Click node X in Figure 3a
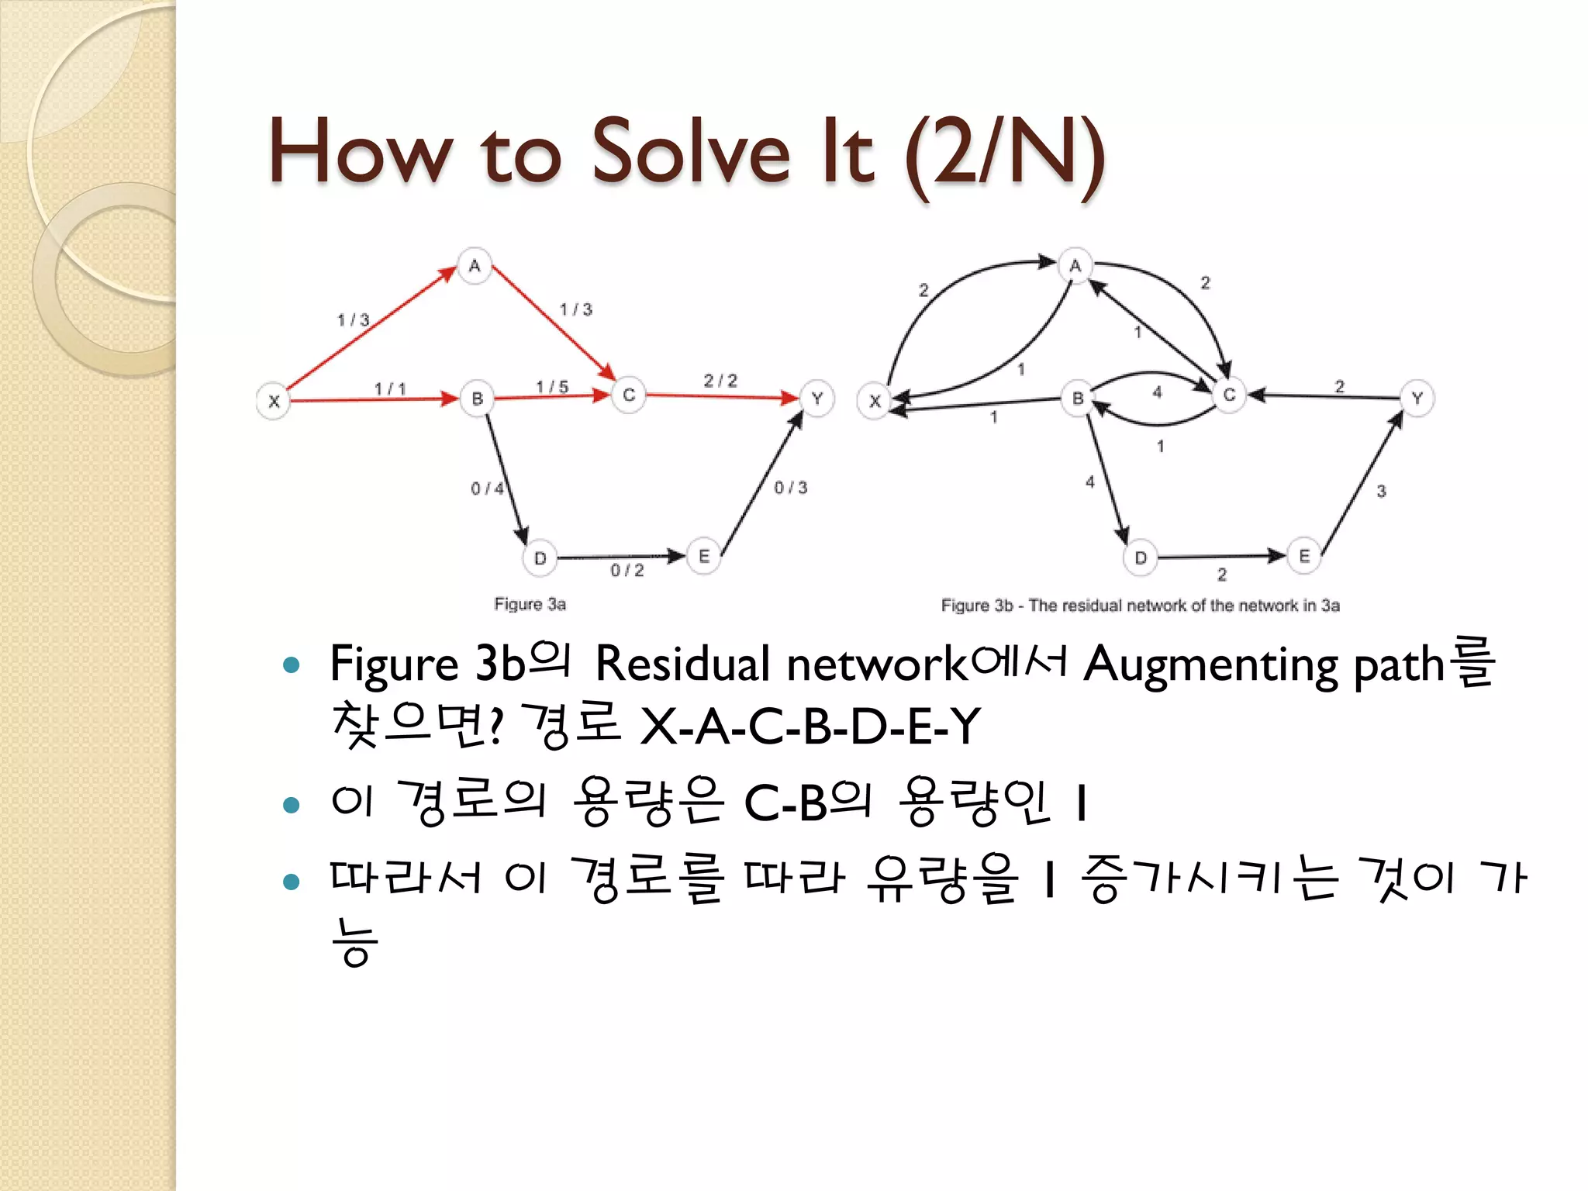point(274,402)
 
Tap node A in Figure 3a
point(475,266)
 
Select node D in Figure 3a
point(540,558)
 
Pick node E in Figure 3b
point(1304,556)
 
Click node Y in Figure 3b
point(1417,399)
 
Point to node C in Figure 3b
point(1229,395)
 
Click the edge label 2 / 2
point(720,381)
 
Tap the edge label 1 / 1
point(390,388)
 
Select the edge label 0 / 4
point(487,488)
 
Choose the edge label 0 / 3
point(791,488)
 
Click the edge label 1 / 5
point(552,386)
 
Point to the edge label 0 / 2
point(627,571)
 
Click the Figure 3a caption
point(530,604)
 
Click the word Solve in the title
point(691,150)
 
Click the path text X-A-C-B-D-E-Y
point(811,727)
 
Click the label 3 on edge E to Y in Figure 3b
point(1381,491)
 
